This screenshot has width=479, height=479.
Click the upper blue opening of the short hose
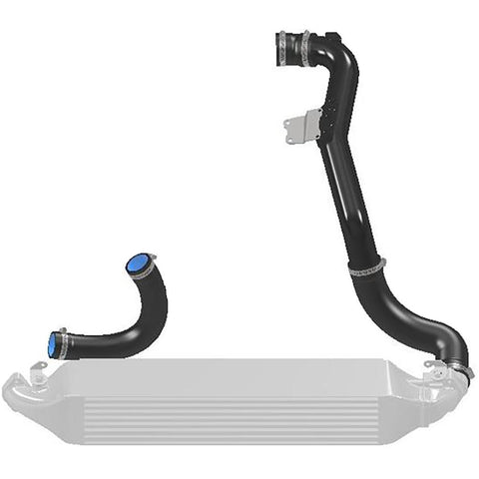137,264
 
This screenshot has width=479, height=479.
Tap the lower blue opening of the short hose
53,343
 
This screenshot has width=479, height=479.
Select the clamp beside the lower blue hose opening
64,344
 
